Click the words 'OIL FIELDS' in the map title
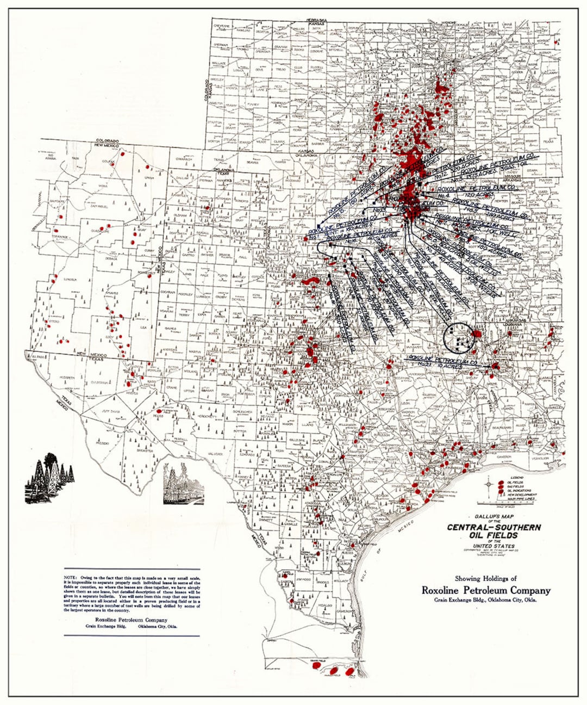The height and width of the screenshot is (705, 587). pos(494,535)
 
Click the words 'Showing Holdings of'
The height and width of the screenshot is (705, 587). pos(486,578)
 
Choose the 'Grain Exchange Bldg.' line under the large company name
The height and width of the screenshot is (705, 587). pos(485,600)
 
